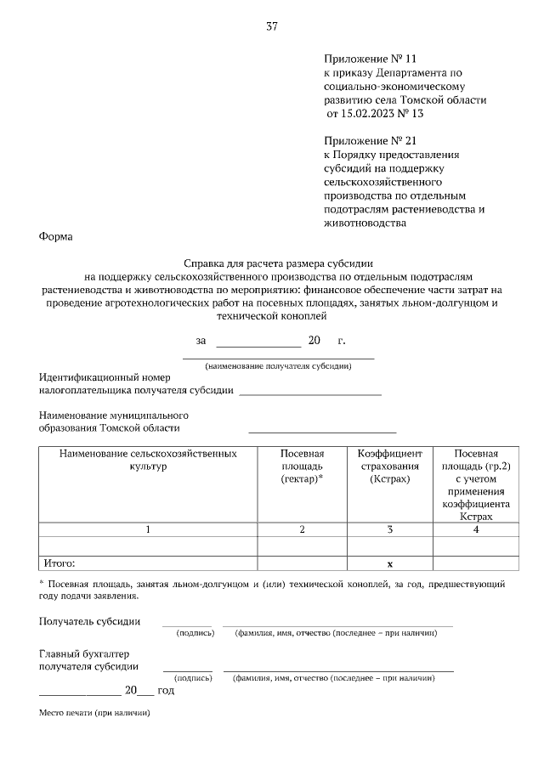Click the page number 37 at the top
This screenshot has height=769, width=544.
tap(272, 26)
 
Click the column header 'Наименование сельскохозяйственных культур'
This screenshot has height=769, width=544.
tap(148, 460)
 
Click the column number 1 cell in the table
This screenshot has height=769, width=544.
tap(148, 529)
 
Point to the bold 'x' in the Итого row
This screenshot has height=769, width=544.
tap(389, 563)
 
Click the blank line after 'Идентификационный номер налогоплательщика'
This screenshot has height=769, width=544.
tap(310, 393)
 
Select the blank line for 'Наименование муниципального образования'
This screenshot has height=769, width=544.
tap(322, 432)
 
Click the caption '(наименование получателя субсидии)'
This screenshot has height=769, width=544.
tap(279, 366)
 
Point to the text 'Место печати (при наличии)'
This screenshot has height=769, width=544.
tap(94, 712)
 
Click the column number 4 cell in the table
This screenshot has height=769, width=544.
tap(476, 529)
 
